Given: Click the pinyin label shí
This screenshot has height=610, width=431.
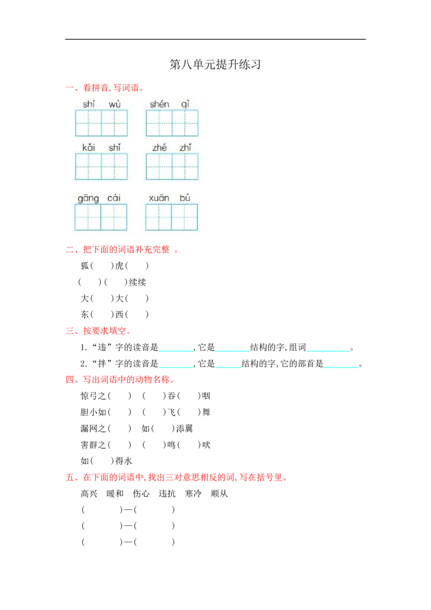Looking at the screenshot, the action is (x=89, y=104).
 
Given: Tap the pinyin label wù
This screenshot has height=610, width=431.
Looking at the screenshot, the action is (x=115, y=104).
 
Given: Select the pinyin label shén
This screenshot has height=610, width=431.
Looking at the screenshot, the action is (x=159, y=104).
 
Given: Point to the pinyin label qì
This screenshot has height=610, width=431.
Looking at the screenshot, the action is (x=185, y=104).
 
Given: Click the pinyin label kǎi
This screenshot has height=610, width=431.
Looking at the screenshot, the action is (x=89, y=148).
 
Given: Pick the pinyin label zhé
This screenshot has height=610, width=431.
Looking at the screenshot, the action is (x=159, y=148).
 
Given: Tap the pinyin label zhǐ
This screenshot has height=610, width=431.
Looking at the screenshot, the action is (x=185, y=148).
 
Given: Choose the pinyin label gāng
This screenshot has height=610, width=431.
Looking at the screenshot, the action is (x=88, y=198).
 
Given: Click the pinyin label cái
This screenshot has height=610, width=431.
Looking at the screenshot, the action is (x=114, y=198).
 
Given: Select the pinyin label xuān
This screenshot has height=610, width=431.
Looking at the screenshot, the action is (x=159, y=198).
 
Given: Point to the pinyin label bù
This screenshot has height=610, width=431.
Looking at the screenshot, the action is (x=185, y=198).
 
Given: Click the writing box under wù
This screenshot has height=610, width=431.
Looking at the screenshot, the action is (x=115, y=123).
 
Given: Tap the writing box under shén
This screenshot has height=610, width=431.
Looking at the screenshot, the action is (x=159, y=123).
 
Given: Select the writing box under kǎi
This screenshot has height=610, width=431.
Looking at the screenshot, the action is (x=88, y=167).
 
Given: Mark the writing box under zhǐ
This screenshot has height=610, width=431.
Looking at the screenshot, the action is (x=185, y=167).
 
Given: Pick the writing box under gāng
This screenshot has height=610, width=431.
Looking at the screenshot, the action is (x=88, y=217).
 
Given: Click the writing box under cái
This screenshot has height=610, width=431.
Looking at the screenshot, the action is (x=114, y=217).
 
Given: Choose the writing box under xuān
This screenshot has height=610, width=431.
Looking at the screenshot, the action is (x=158, y=217).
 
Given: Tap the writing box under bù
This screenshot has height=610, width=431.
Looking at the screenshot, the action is (x=185, y=217).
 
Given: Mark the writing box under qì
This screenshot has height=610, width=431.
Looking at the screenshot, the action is (x=185, y=123).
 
